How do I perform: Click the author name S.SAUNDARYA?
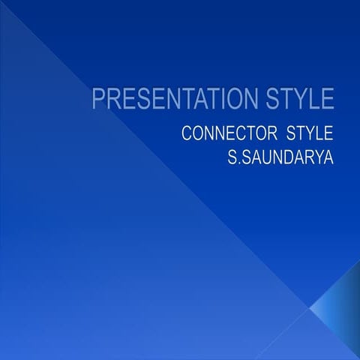pos(280,159)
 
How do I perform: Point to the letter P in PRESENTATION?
pos(97,100)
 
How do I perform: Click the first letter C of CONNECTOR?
pos(187,135)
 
